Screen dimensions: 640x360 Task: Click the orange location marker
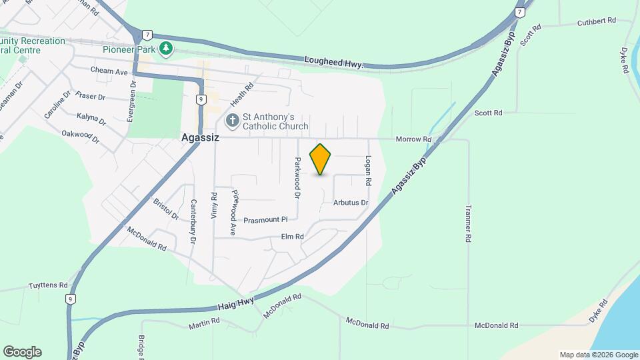(x=321, y=159)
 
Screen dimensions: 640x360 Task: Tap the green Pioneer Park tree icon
(x=166, y=49)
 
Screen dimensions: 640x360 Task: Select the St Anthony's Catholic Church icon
(x=233, y=121)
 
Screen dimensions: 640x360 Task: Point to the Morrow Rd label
(x=414, y=139)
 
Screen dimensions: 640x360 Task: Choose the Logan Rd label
(x=368, y=171)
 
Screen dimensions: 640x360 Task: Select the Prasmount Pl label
(x=265, y=220)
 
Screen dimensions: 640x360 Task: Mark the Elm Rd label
(x=292, y=237)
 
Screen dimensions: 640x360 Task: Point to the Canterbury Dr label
(x=194, y=221)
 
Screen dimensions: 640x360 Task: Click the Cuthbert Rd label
(x=596, y=21)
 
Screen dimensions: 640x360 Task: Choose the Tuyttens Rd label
(x=48, y=285)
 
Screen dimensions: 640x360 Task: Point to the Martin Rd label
(x=204, y=323)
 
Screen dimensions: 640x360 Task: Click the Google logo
(x=22, y=352)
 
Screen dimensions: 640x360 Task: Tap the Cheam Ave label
(x=109, y=71)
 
